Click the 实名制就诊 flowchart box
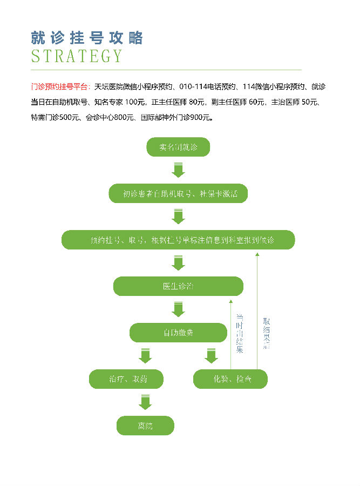click(178, 147)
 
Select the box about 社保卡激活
click(178, 193)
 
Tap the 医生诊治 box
click(178, 286)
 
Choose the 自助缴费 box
click(178, 333)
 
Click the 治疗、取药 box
click(125, 379)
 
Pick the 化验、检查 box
click(230, 379)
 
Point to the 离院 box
click(145, 426)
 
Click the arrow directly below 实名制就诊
click(178, 170)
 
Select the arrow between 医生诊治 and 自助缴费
click(178, 309)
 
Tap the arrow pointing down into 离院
click(145, 403)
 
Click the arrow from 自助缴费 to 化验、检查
click(211, 356)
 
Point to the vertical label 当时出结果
click(240, 333)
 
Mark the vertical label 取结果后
click(266, 333)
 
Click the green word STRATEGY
click(77, 56)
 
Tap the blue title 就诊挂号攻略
click(87, 38)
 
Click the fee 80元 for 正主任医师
click(198, 102)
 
